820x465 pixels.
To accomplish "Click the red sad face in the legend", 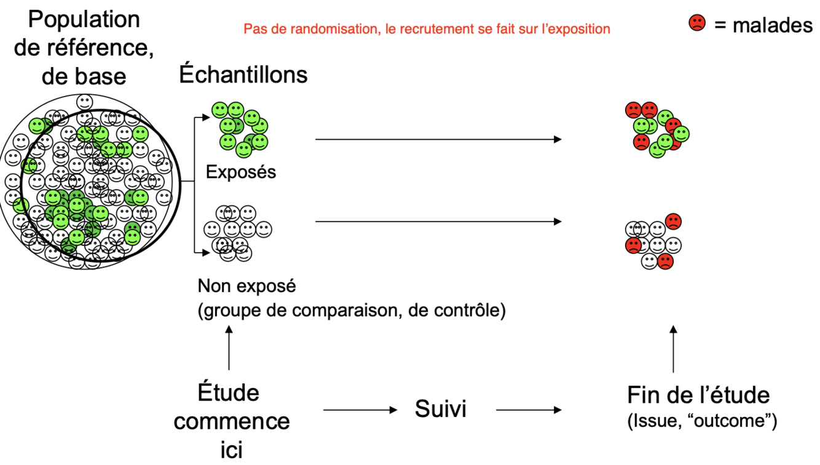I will pos(697,23).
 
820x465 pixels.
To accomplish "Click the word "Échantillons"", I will pos(243,74).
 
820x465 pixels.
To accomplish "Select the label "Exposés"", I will pos(241,172).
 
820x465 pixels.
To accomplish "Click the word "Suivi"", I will pos(441,409).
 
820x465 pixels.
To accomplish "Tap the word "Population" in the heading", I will pos(84,19).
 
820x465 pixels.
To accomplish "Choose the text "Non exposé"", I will pos(246,286).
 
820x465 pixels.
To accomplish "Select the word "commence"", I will pos(236,421).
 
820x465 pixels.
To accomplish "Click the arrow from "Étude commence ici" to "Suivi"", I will pos(360,410).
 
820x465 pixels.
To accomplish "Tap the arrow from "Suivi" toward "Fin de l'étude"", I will pos(529,410).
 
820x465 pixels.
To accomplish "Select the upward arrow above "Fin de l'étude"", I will pos(674,349).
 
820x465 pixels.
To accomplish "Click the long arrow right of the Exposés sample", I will pos(438,140).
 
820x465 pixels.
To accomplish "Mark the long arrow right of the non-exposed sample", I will pos(438,221).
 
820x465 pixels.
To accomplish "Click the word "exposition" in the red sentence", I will pos(580,29).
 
